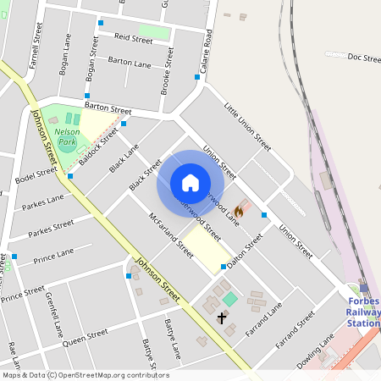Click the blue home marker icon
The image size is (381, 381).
pos(190,183)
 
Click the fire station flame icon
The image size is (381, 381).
pos(239,211)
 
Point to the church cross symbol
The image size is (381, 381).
pos(222,318)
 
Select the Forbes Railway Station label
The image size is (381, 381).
pos(364,312)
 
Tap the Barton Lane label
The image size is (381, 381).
pos(130,63)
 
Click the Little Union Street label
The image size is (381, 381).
pos(247,127)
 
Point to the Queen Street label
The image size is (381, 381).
pos(86,336)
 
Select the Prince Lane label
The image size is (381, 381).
pos(53,257)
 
